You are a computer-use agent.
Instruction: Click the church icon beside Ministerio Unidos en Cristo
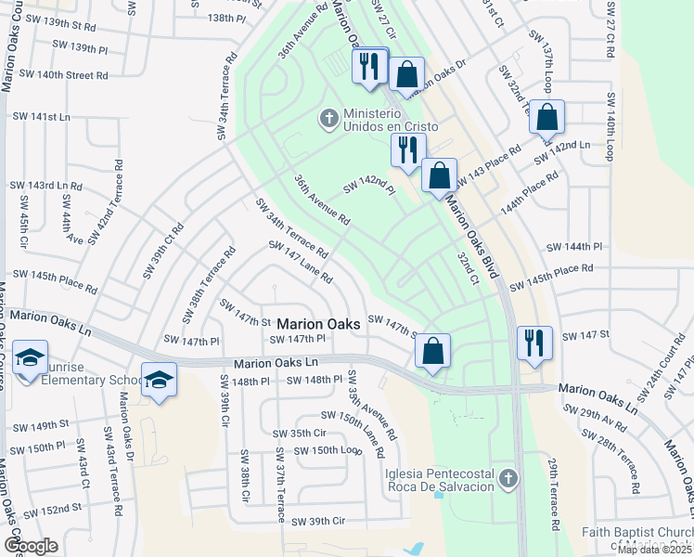coord(328,119)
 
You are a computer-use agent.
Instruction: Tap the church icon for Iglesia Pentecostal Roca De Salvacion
coord(507,479)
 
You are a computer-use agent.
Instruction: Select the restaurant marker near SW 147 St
coord(534,342)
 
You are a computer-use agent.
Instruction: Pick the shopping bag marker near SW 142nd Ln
coord(547,118)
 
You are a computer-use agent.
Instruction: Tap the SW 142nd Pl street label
coord(369,188)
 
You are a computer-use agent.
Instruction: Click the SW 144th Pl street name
coord(575,247)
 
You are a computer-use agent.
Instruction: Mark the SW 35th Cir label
coord(299,434)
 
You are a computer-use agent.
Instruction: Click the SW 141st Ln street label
coord(41,117)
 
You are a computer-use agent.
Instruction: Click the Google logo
coord(31,546)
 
